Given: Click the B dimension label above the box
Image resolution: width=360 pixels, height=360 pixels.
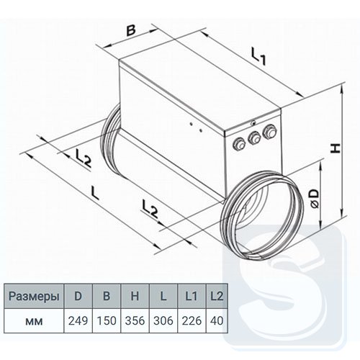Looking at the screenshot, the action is (x=131, y=30).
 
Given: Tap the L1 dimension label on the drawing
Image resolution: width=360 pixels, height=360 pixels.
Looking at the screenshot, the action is (x=258, y=56).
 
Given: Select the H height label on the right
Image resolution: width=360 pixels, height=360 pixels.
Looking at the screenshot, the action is (x=336, y=148).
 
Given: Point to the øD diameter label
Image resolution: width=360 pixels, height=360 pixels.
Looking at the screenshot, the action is (x=315, y=198).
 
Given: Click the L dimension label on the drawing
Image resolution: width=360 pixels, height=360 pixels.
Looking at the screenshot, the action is (x=94, y=193).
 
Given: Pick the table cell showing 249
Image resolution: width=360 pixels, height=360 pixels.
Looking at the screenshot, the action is (x=78, y=321).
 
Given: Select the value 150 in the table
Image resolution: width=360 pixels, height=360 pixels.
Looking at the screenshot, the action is (x=107, y=321).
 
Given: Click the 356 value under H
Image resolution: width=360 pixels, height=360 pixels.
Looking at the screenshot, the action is (x=135, y=321).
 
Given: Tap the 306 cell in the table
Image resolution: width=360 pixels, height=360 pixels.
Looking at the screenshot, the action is (x=163, y=321).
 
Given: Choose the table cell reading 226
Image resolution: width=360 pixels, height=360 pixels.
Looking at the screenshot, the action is (x=192, y=321).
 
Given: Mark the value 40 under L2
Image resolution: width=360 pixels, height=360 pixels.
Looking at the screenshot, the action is (x=217, y=321).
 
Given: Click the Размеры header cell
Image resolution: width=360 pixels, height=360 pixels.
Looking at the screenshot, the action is (x=34, y=297).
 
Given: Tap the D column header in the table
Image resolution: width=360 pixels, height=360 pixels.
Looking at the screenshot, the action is (x=78, y=296).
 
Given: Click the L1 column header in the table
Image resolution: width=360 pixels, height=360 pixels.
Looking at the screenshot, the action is (x=192, y=296).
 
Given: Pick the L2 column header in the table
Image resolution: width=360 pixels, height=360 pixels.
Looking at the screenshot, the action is (x=217, y=296).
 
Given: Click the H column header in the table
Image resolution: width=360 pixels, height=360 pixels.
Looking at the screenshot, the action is (x=135, y=296).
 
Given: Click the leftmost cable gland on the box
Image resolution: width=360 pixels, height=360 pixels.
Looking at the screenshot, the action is (x=239, y=144).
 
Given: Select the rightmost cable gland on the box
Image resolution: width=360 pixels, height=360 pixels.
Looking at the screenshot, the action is (x=269, y=132).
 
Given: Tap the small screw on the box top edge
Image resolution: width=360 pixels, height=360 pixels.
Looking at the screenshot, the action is (x=253, y=123).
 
